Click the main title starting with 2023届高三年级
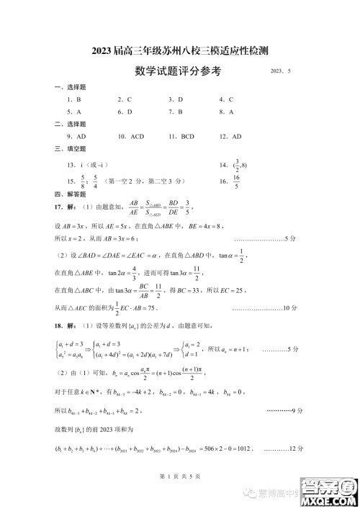coord(180,50)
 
